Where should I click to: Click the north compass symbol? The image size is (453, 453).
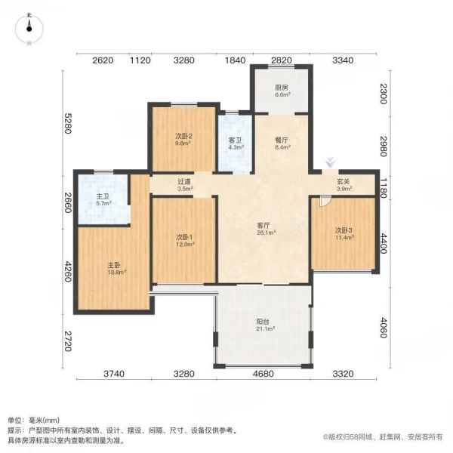click(x=29, y=29)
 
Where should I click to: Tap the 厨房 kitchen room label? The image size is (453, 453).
click(x=282, y=88)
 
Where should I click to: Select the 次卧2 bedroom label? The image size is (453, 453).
click(x=183, y=136)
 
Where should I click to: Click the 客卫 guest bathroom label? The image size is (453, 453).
click(x=235, y=140)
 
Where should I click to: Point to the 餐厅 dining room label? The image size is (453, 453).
click(x=282, y=140)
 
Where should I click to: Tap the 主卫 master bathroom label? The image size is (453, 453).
click(x=103, y=197)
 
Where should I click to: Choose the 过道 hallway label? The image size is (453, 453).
click(x=184, y=182)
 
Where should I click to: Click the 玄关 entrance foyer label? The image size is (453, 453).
click(x=344, y=182)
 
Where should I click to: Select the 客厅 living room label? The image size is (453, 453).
click(x=263, y=225)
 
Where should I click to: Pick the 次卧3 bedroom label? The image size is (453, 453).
click(x=344, y=230)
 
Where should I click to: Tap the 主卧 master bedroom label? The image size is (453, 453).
click(x=114, y=265)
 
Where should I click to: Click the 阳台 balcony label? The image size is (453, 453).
click(x=263, y=322)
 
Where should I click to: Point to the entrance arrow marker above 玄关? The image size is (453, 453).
click(x=331, y=162)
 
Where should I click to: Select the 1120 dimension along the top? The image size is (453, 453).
click(x=140, y=60)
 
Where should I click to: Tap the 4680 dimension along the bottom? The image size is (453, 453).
click(x=263, y=374)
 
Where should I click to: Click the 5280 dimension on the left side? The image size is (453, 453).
click(x=68, y=123)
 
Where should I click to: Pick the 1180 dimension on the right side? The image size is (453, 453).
click(x=383, y=188)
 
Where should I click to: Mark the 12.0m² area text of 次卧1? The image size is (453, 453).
click(x=185, y=244)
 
